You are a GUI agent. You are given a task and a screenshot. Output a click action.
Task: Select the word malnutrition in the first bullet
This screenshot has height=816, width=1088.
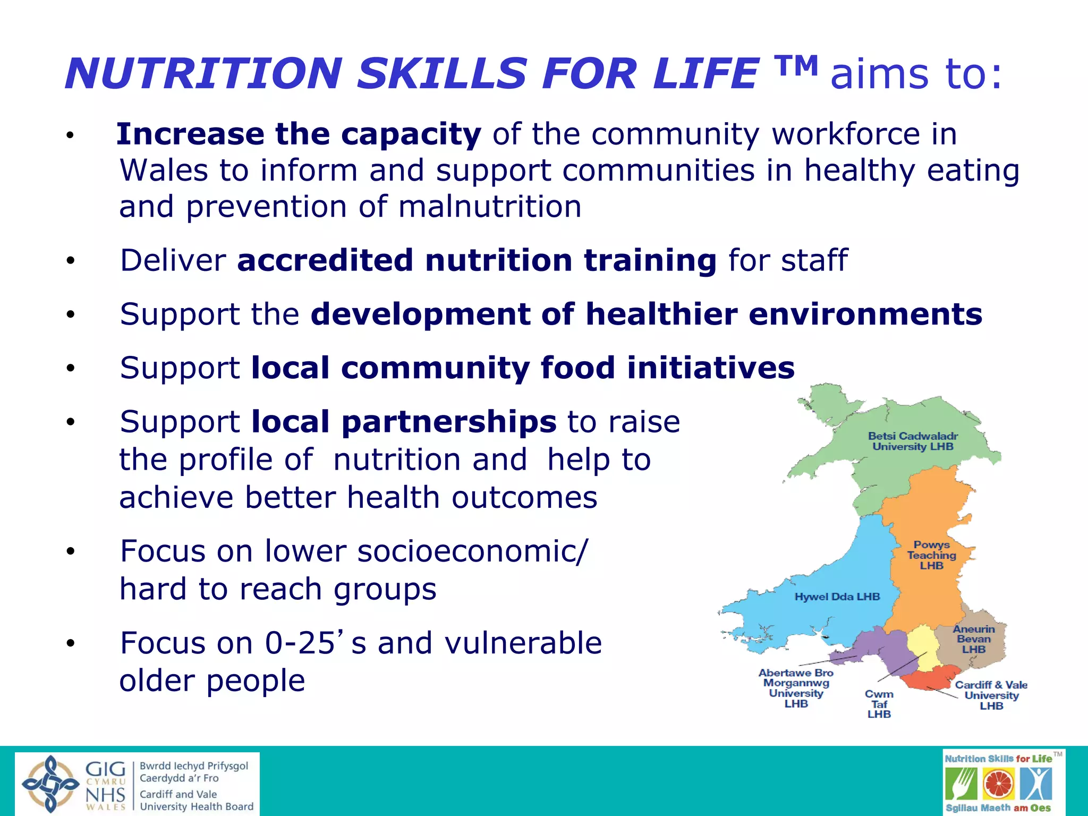pyautogui.click(x=490, y=206)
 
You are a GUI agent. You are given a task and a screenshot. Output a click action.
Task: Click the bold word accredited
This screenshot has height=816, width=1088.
pyautogui.click(x=325, y=260)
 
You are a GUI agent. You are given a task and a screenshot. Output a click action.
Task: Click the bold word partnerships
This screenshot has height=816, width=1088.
pyautogui.click(x=404, y=422)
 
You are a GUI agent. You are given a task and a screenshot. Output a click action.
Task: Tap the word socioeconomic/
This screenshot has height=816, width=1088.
pyautogui.click(x=473, y=550)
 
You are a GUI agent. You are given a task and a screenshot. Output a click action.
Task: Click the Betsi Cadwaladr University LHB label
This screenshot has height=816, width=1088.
pyautogui.click(x=913, y=441)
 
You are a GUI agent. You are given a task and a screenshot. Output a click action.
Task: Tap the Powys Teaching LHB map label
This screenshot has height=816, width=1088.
pyautogui.click(x=931, y=555)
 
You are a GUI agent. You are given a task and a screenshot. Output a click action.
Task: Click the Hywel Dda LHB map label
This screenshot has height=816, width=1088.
pyautogui.click(x=837, y=597)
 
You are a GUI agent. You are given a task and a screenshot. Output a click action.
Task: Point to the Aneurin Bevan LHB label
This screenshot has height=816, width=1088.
pyautogui.click(x=973, y=639)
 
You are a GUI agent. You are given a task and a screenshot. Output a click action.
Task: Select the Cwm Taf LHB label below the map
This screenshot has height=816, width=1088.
pyautogui.click(x=879, y=704)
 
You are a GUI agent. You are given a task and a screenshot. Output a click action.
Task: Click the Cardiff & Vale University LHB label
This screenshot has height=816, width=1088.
pyautogui.click(x=991, y=695)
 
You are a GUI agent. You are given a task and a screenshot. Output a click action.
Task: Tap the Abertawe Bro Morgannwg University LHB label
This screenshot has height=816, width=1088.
pyautogui.click(x=796, y=688)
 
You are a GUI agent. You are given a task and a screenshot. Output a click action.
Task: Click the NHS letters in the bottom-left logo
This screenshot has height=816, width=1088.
pyautogui.click(x=105, y=795)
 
